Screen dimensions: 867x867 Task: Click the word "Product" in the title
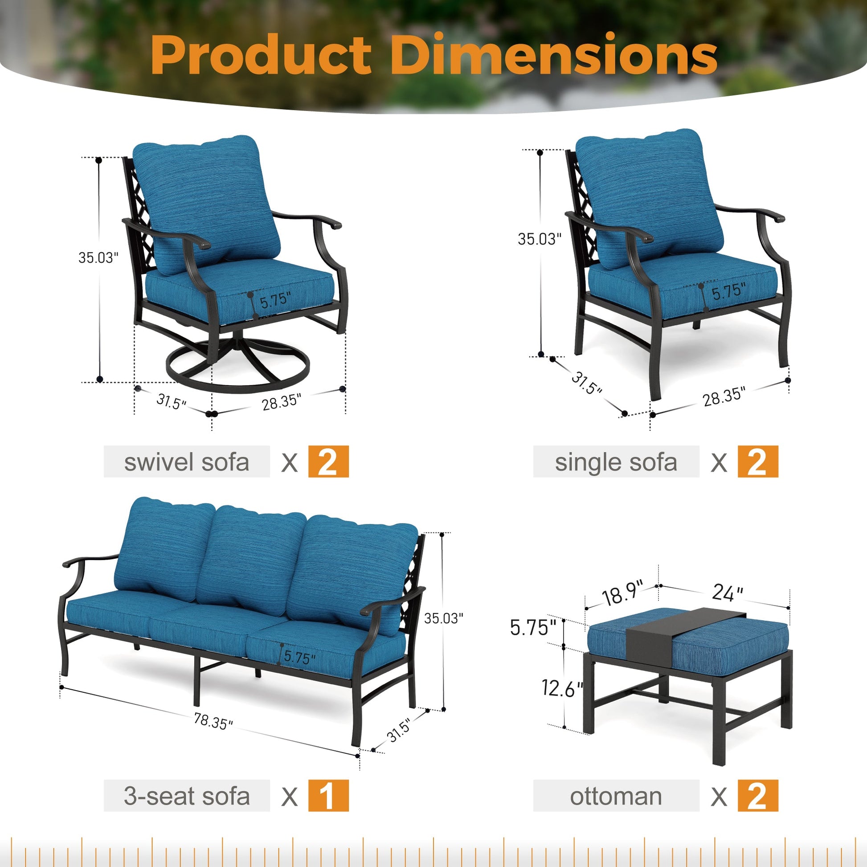[261, 55]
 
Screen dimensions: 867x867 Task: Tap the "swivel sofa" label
[187, 462]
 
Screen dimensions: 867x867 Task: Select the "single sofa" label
[616, 462]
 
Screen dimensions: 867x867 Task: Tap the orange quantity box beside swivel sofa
[328, 462]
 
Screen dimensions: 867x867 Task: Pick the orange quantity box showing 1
[328, 796]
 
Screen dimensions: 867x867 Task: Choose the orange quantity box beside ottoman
[758, 796]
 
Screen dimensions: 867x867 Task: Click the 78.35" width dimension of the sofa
[213, 721]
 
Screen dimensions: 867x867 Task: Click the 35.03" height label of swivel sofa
[98, 258]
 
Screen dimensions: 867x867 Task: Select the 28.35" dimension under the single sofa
[724, 396]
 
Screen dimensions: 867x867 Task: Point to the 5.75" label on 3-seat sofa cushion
[299, 658]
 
